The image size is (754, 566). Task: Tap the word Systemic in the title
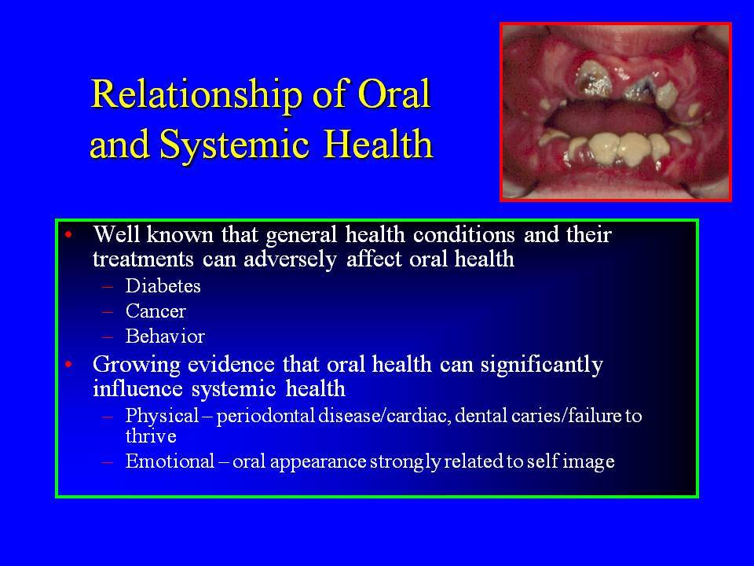[234, 145]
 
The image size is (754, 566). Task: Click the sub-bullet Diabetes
[163, 286]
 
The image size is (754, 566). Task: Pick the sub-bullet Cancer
[156, 311]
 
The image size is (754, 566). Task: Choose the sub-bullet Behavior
[165, 336]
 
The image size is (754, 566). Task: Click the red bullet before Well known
[69, 235]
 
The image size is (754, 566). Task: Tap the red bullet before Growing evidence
[69, 364]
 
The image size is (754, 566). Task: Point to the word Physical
[162, 416]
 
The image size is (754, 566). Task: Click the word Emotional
[170, 461]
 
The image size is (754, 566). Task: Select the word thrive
[151, 436]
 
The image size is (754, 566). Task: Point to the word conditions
[464, 234]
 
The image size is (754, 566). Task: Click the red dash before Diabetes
[108, 286]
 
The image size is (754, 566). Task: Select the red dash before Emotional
[108, 461]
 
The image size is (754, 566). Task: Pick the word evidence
[231, 364]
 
